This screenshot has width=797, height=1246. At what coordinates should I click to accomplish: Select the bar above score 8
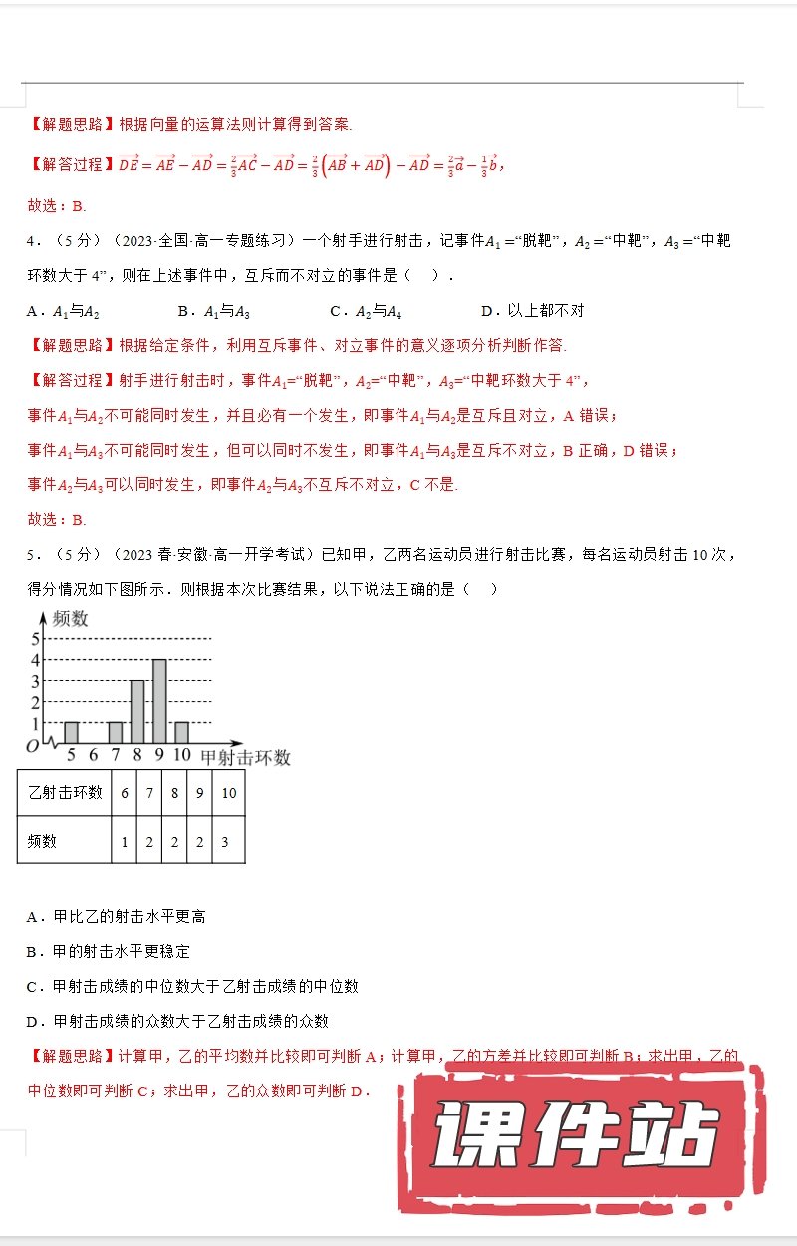pos(137,712)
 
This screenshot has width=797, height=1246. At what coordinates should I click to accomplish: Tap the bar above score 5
pos(71,733)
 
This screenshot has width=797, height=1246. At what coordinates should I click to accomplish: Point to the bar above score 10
pos(181,733)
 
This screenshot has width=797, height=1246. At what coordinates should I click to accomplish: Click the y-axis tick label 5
pos(36,638)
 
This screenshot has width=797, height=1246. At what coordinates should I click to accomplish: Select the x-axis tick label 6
pos(93,756)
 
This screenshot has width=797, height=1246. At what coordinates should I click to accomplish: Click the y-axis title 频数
pos(70,619)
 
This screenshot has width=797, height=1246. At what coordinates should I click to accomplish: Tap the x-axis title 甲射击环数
pos(245,758)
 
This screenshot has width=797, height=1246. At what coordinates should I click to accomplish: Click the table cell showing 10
pos(228,792)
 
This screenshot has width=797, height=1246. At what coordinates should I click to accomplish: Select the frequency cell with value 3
pos(225,841)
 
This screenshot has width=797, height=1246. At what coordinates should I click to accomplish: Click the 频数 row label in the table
pos(43,841)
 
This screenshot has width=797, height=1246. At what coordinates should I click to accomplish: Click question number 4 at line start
pos(31,241)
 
